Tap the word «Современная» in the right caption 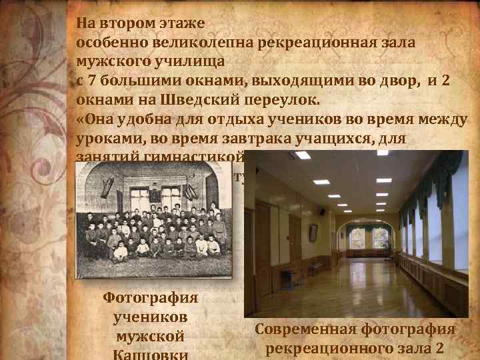coord(307,329)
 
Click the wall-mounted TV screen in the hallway coord(313,232)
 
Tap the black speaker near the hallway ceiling coord(322,211)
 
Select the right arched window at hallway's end coord(381,237)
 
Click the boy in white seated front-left coord(120,252)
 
